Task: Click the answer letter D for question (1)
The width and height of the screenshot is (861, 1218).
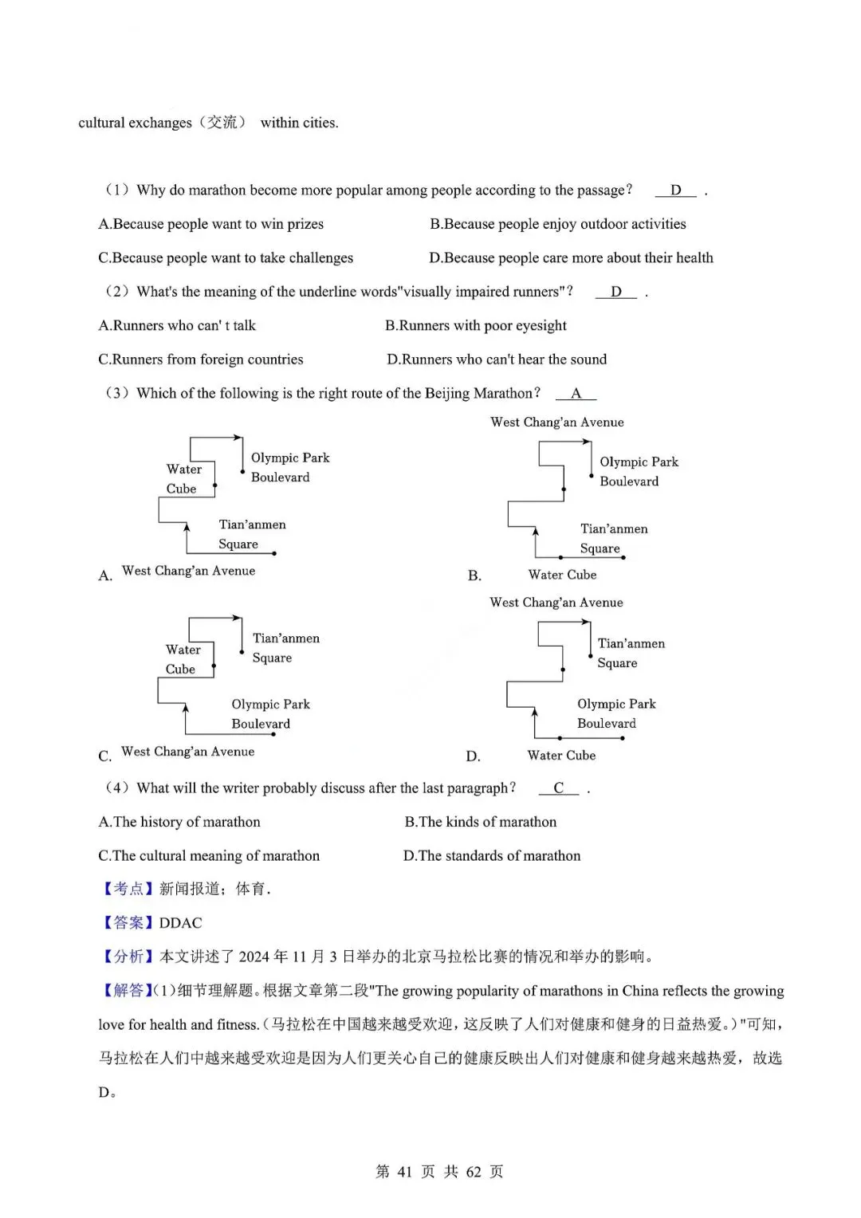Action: coord(675,191)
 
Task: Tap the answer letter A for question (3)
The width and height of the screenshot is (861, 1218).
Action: coord(576,394)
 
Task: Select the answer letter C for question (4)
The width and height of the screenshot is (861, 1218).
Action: coord(558,788)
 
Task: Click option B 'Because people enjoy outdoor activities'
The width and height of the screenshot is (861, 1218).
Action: coord(557,224)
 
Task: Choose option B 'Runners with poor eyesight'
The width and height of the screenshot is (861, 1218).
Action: coord(475,325)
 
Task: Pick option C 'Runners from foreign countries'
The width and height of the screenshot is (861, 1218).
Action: coord(200,360)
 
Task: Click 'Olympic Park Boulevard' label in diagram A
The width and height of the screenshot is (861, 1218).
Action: coord(289,467)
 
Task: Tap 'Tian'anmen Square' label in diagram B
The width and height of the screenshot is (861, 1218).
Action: coord(613,538)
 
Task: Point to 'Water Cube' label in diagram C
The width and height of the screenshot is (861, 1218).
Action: coord(183,659)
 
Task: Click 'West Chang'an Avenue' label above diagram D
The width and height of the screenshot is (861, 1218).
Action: coord(556,603)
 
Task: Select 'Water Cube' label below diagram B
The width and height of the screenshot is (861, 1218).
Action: coord(562,575)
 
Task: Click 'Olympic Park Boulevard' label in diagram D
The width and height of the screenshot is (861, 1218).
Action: coord(615,713)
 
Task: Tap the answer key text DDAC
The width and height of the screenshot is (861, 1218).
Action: coord(180,923)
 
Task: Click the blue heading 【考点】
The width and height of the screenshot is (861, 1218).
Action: coord(128,889)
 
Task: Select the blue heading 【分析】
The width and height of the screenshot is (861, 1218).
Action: coord(128,957)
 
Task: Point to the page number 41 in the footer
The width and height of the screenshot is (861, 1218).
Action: coord(404,1172)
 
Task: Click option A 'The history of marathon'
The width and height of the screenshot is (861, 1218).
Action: coord(179,822)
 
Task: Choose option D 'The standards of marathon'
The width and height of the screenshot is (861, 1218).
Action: coord(492,856)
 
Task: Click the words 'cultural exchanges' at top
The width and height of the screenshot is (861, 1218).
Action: coord(135,123)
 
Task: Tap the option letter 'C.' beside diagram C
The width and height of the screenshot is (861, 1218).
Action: coord(104,756)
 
